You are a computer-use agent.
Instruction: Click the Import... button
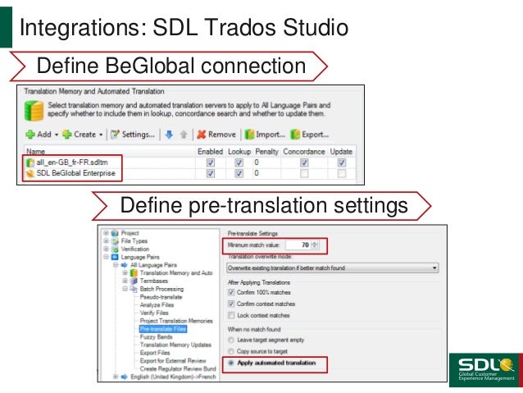coord(265,134)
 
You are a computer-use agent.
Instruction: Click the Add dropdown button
coord(40,134)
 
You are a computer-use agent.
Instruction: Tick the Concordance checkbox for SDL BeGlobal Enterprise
coord(304,174)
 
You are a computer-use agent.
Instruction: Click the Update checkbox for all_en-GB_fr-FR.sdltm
coord(340,163)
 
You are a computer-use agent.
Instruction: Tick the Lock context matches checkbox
coord(231,315)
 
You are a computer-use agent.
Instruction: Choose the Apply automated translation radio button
coord(231,362)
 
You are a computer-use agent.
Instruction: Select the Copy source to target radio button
coord(231,350)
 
